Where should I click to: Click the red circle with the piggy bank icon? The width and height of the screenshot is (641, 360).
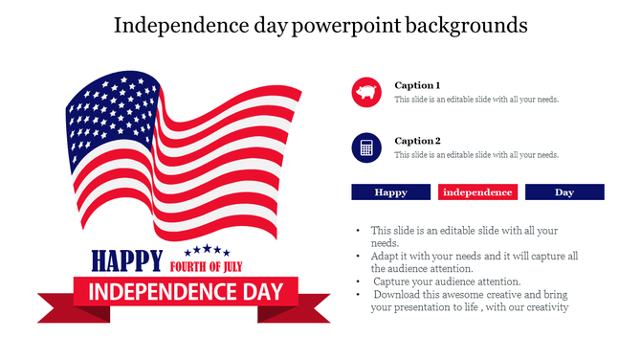367,93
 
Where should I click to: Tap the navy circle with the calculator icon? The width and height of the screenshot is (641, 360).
367,147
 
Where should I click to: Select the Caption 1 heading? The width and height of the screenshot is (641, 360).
417,85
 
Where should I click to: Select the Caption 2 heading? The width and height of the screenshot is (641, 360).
417,141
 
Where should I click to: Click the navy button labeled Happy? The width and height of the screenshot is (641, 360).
390,192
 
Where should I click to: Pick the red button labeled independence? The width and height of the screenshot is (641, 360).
477,192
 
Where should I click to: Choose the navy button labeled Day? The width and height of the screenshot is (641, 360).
564,192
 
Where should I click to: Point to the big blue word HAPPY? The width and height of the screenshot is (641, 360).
124,260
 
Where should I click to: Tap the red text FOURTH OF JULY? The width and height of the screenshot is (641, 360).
211,265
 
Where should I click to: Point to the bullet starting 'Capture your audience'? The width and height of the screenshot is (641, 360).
447,281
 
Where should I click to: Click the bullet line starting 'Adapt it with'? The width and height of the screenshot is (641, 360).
475,257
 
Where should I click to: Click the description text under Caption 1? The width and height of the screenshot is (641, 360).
476,100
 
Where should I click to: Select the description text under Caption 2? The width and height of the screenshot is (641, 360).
476,155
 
